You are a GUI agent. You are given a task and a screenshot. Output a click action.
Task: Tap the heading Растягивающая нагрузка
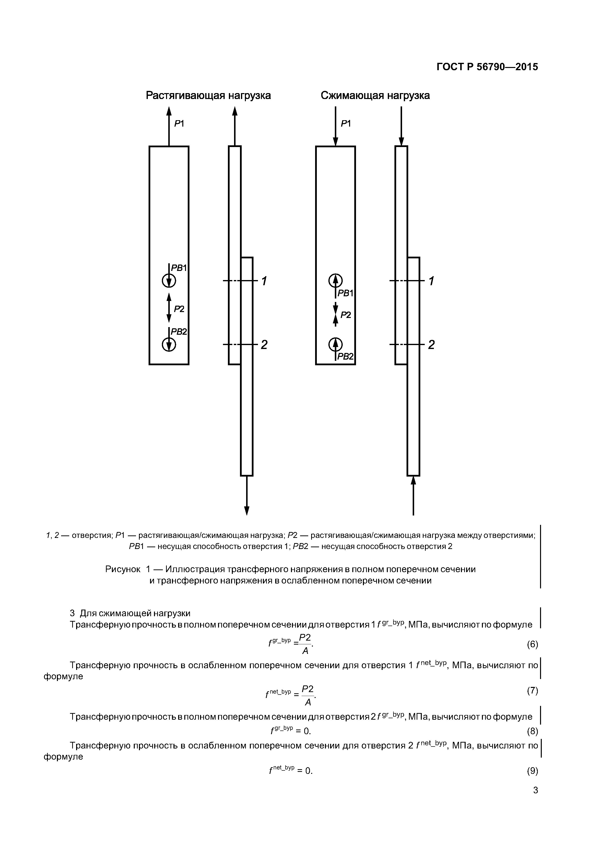208,96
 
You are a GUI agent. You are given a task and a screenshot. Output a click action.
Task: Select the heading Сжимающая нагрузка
375,96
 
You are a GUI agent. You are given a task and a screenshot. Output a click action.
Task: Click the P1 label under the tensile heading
179,123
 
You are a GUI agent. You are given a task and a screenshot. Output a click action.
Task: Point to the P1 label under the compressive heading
346,123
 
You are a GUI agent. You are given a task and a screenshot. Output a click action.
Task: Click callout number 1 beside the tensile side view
264,281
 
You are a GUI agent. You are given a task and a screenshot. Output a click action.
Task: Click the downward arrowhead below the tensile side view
247,511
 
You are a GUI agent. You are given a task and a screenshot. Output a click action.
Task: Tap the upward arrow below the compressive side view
413,497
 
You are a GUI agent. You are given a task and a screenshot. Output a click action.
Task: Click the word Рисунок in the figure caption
122,569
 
